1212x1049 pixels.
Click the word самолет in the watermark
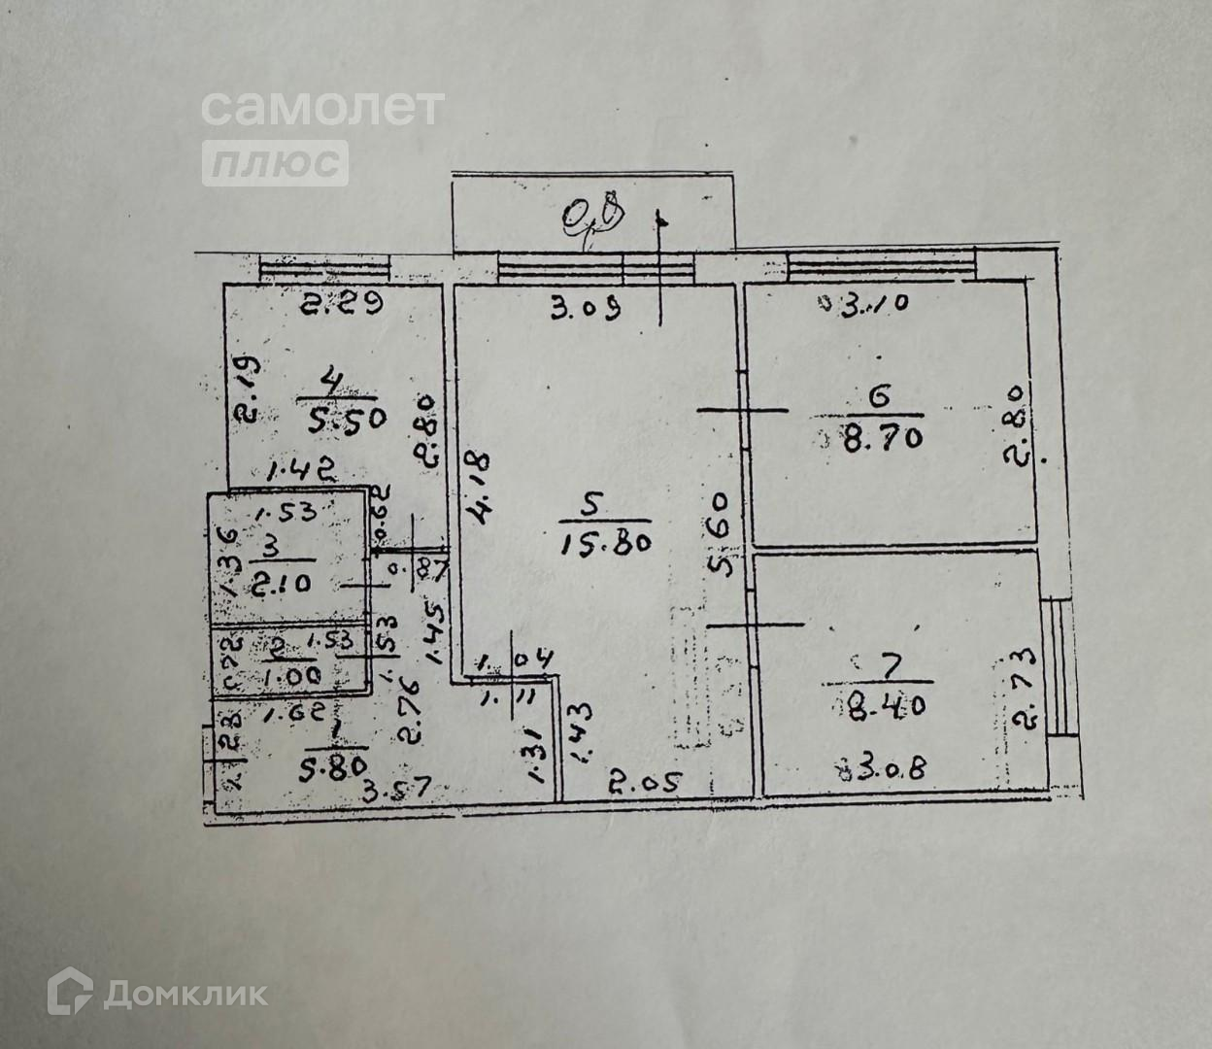coord(323,107)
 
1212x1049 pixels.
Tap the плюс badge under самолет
coord(275,162)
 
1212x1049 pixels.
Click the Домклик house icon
coord(71,992)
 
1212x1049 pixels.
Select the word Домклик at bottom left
coord(185,993)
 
